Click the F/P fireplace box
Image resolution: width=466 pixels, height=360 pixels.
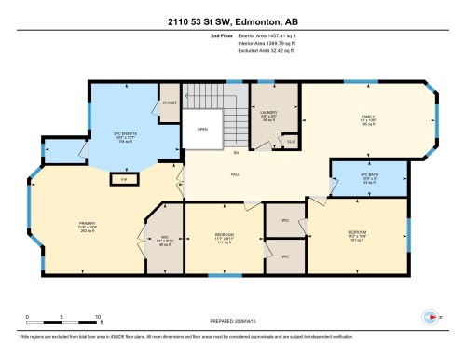(x=123, y=177)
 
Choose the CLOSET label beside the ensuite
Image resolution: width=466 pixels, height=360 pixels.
(x=169, y=103)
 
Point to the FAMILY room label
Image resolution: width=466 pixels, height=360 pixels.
(x=367, y=117)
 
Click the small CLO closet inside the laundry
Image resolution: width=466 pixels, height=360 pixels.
(x=291, y=141)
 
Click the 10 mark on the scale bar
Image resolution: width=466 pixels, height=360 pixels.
(x=97, y=317)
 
